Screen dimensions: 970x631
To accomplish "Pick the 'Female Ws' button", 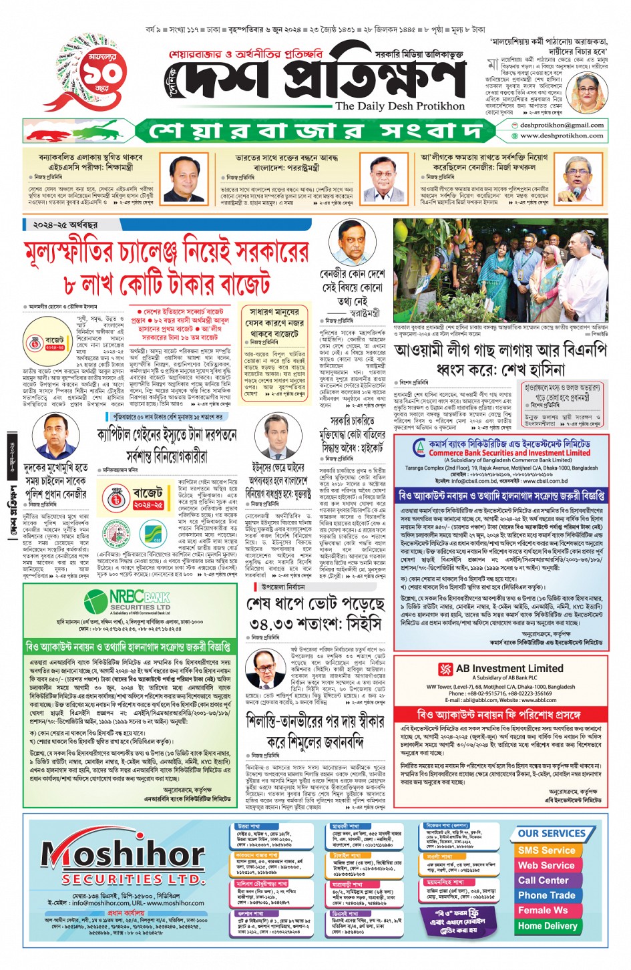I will pos(543,910).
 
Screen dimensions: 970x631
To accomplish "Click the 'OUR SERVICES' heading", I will pos(551,834).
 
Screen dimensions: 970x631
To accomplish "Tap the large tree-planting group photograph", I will pos(500,271).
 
